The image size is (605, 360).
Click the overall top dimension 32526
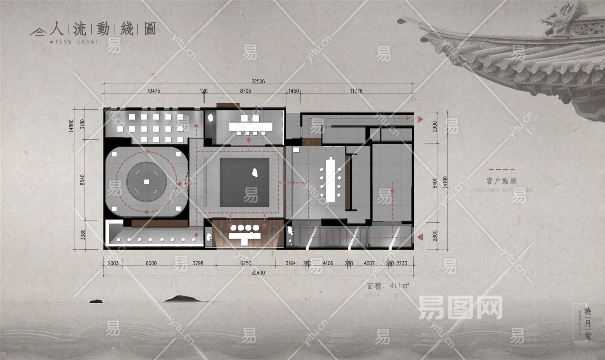(258, 81)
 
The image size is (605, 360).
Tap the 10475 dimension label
(153, 91)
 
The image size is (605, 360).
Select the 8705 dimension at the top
(245, 91)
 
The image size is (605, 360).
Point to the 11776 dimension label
(356, 91)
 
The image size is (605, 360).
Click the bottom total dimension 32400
(258, 273)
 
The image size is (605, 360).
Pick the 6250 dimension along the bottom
(246, 263)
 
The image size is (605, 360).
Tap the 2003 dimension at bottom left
(113, 263)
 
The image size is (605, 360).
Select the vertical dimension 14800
(71, 126)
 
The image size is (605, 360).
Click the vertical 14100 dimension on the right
(446, 182)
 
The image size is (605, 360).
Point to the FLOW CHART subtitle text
(77, 42)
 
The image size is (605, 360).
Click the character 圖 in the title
(150, 29)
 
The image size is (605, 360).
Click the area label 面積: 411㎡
(388, 286)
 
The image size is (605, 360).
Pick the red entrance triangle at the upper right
(420, 119)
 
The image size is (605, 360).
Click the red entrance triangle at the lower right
(420, 237)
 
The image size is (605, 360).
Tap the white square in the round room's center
(147, 182)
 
